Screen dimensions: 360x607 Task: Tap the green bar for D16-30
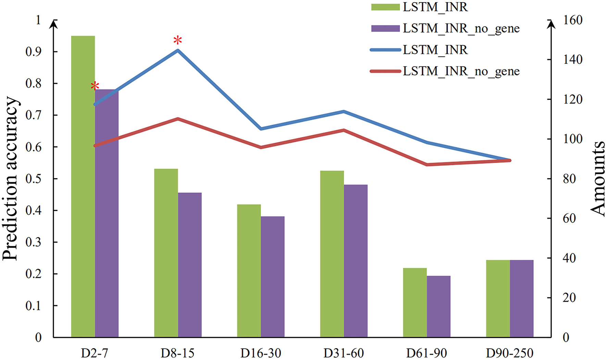point(249,271)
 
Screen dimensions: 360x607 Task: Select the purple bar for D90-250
point(521,298)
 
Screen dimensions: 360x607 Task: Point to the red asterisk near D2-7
point(95,86)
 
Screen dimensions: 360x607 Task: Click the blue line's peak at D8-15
point(178,50)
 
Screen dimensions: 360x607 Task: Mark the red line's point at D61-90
point(427,164)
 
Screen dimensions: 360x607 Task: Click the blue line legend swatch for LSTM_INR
point(385,50)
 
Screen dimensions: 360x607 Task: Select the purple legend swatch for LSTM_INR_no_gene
point(385,28)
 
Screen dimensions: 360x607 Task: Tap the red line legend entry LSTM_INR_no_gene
point(461,71)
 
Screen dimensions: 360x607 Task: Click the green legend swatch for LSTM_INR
point(385,7)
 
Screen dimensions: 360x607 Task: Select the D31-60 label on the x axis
point(344,353)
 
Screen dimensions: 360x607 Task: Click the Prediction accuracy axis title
point(10,178)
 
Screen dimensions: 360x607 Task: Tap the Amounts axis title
point(598,178)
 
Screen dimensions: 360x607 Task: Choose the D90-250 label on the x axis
point(509,353)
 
